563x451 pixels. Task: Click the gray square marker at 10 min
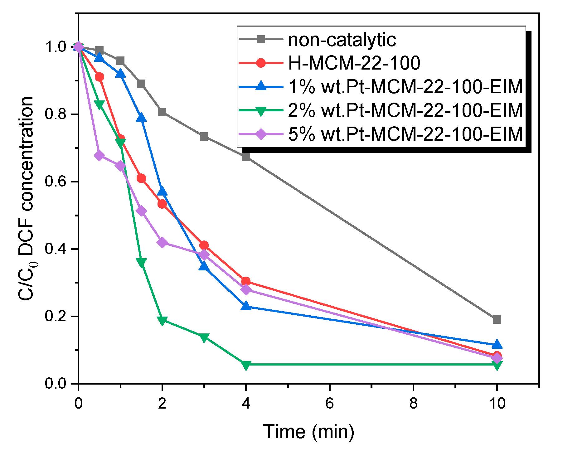(497, 319)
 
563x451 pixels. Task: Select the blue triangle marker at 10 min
(497, 345)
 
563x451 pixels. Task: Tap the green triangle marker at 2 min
(162, 321)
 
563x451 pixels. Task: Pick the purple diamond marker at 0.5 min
(99, 155)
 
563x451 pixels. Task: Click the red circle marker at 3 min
(204, 245)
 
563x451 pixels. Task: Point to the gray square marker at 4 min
(246, 156)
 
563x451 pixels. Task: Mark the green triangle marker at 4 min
(246, 365)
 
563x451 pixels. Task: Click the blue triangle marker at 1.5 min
(141, 118)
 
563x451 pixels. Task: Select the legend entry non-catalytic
(342, 40)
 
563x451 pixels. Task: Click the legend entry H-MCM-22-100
(354, 63)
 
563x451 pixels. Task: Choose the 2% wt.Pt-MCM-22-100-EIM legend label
(405, 110)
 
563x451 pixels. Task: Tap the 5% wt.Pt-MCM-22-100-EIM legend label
(405, 134)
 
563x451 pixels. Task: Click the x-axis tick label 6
(330, 403)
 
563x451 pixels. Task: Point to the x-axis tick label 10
(497, 403)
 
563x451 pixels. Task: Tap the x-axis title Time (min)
(309, 432)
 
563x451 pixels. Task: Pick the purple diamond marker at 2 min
(162, 242)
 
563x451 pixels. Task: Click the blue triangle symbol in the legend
(261, 86)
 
